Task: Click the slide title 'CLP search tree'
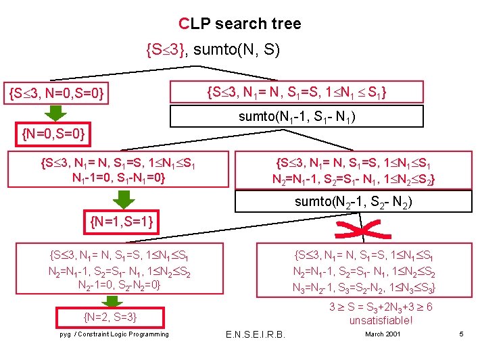tap(240, 24)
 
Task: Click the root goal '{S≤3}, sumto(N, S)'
tap(213, 49)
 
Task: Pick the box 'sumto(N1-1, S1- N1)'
tap(297, 116)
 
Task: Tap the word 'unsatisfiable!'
tap(381, 320)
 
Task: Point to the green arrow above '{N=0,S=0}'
tap(55, 113)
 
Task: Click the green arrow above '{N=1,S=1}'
tap(122, 199)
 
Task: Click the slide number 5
tap(460, 334)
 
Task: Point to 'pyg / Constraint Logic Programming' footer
tap(114, 334)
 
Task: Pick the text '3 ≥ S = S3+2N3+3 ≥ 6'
tap(381, 307)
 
